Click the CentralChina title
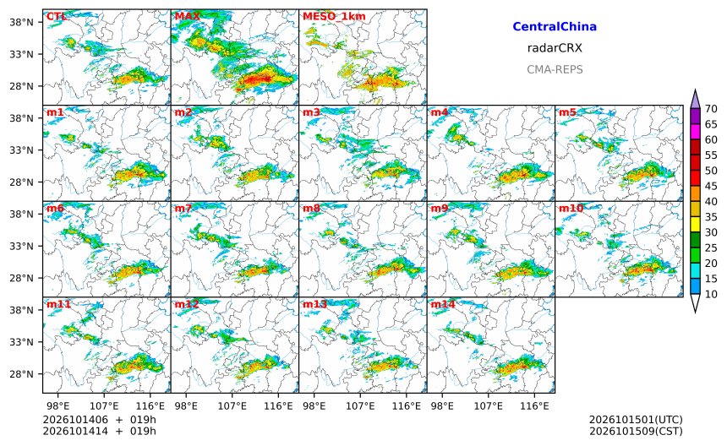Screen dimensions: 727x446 (555, 26)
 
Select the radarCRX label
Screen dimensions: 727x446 (555, 47)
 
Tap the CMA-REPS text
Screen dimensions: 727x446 (555, 69)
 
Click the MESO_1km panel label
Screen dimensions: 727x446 (334, 16)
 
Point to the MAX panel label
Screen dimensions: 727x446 (188, 16)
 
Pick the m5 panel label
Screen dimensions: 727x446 (567, 112)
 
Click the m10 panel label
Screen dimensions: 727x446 (571, 208)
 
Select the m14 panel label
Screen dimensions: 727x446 (443, 304)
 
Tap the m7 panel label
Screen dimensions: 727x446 (183, 208)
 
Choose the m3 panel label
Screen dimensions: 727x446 (311, 112)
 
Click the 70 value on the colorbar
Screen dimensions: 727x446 (711, 109)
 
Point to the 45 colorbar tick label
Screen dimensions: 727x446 (711, 186)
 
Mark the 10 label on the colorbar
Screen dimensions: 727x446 (711, 294)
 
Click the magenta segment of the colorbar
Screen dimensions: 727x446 (695, 132)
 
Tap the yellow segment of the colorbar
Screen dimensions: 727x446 (695, 224)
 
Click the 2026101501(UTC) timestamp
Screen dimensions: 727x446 (636, 420)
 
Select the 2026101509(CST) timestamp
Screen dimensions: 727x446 (636, 431)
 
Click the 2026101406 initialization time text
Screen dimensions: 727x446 (75, 420)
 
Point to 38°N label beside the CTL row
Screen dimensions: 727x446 (22, 22)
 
